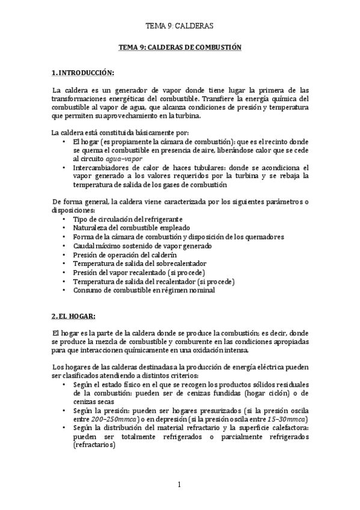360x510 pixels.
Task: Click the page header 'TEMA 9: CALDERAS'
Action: click(180, 26)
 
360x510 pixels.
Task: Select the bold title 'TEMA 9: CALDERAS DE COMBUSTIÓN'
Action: click(180, 48)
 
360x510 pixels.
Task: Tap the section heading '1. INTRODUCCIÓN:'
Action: click(83, 73)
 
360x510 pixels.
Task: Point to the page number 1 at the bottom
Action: click(180, 485)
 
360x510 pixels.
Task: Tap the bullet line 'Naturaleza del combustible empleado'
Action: click(132, 228)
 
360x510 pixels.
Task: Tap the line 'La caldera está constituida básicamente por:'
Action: click(121, 132)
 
